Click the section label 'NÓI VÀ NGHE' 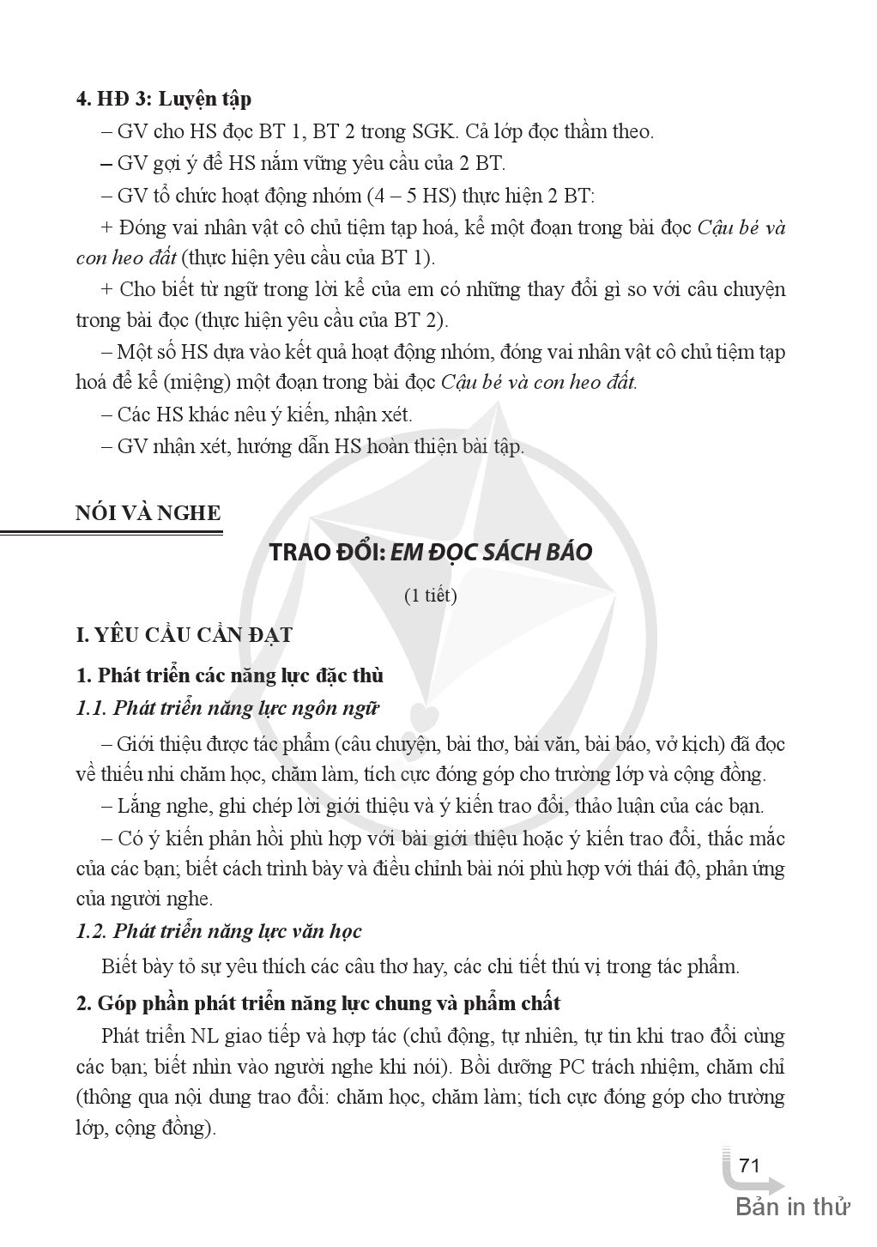point(148,513)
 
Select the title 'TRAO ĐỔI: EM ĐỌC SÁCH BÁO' point(431,552)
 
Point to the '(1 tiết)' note point(430,595)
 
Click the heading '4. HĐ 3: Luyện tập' point(163,99)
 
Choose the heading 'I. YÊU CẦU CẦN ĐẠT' point(184,635)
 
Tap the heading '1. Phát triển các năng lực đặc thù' point(229,675)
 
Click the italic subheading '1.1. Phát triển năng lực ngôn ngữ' point(227,708)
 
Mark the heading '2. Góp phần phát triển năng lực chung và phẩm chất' point(318,1002)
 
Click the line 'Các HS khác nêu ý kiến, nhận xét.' point(264,415)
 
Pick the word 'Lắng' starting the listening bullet point(139,806)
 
